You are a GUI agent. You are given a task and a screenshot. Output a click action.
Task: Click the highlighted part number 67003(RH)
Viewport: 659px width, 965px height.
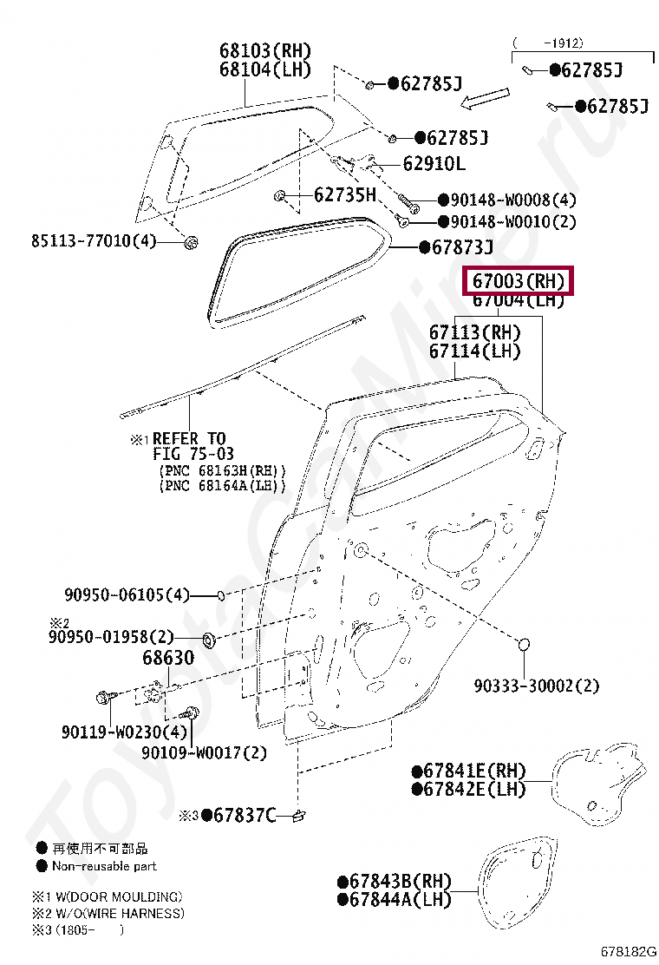(519, 281)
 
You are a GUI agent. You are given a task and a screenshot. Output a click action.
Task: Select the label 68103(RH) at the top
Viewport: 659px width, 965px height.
(264, 51)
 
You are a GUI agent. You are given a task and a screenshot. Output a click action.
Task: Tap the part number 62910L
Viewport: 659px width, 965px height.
(434, 164)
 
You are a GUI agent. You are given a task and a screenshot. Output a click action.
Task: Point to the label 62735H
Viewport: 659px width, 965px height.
(344, 195)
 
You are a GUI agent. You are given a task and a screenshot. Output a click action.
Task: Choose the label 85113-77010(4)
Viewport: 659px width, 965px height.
(94, 240)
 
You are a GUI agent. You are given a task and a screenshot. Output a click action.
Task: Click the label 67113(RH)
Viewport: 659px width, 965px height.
(475, 332)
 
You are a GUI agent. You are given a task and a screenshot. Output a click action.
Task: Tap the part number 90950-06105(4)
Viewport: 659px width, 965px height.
(127, 595)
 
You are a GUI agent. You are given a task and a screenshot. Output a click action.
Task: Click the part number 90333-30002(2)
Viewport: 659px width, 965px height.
(537, 686)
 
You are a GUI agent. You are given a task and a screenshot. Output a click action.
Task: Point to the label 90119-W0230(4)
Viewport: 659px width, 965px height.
(123, 732)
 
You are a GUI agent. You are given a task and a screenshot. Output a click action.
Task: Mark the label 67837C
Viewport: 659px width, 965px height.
(245, 815)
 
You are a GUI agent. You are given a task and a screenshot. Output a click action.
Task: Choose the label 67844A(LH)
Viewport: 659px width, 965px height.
(401, 900)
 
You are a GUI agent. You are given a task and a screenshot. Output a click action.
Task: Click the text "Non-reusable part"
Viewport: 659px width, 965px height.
(104, 865)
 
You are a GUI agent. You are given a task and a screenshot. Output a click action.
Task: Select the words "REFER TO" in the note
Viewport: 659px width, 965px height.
(189, 439)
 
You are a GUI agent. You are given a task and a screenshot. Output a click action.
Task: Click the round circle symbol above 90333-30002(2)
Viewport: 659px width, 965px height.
(525, 645)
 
